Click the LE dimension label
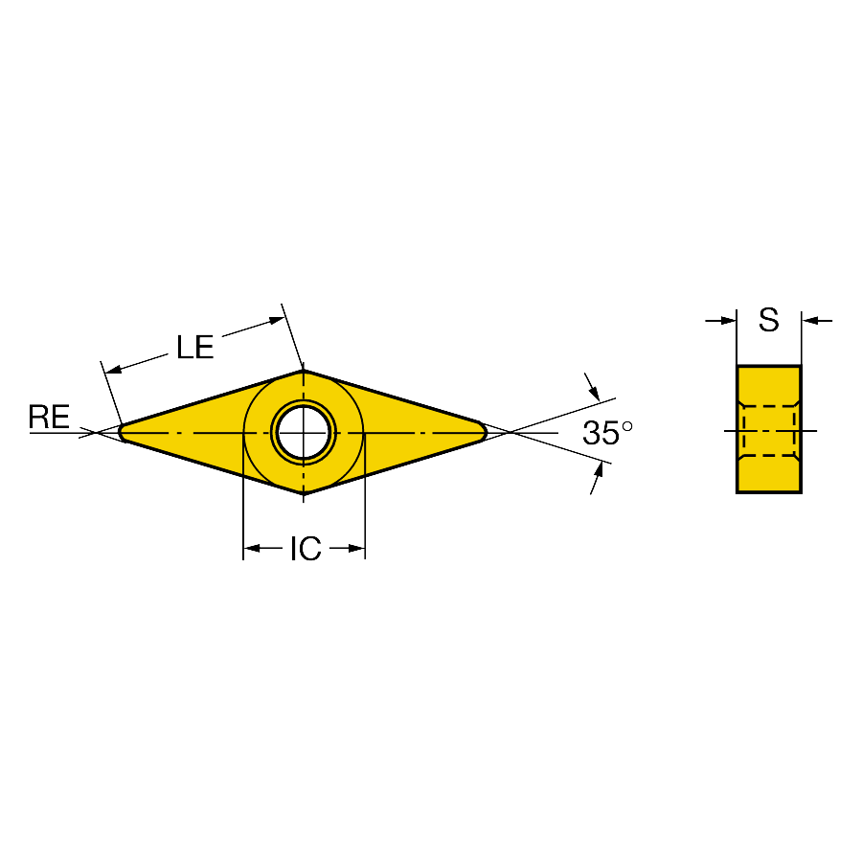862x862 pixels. click(x=194, y=348)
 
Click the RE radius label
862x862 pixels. click(x=49, y=417)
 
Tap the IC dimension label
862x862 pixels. click(x=306, y=548)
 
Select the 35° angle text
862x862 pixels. click(x=607, y=433)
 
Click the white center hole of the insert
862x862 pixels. click(x=304, y=433)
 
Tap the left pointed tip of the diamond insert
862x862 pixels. click(x=120, y=433)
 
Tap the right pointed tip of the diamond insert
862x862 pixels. click(x=486, y=432)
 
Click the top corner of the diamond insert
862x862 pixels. click(x=304, y=370)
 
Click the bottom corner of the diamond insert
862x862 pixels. click(x=304, y=493)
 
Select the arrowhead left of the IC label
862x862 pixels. click(x=251, y=548)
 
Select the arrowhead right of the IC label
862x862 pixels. click(x=357, y=548)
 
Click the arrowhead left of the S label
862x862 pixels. click(x=729, y=320)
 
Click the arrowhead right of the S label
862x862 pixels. click(x=809, y=320)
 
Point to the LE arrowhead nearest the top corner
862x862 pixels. click(x=277, y=321)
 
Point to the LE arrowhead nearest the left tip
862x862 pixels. click(x=113, y=370)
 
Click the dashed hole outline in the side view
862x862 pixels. click(x=768, y=431)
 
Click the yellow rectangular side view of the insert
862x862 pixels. click(x=768, y=429)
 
